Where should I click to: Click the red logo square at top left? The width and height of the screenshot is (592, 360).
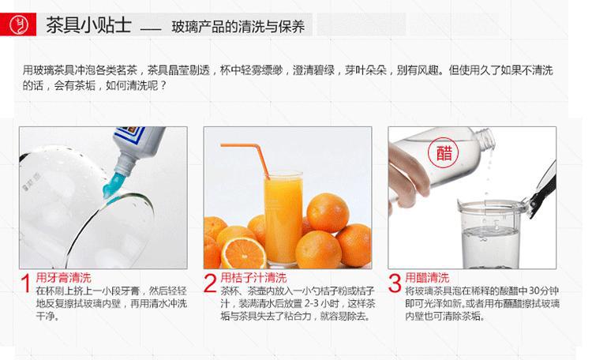point(18,24)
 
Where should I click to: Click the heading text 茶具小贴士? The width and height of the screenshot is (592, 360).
point(88,25)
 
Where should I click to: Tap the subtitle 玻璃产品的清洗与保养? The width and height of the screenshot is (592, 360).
point(238,26)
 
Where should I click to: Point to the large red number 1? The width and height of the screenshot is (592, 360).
point(26,283)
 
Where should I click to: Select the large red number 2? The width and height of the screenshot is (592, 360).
point(210,283)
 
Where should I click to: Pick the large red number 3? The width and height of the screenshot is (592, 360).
point(395,283)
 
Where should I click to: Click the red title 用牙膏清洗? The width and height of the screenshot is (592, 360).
point(63,278)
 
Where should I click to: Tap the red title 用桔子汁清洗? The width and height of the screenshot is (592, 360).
point(253,278)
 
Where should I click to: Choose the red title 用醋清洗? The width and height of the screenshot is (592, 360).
point(427,278)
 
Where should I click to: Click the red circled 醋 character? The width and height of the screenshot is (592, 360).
point(444,152)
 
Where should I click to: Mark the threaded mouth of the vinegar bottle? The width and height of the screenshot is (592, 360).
point(486,139)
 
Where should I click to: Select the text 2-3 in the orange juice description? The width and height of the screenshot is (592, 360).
point(312,303)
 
